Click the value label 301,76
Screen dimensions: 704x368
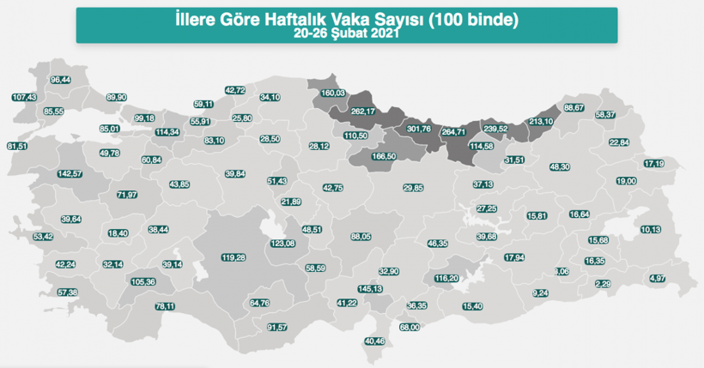click(x=418, y=129)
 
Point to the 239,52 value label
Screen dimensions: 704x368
click(x=497, y=129)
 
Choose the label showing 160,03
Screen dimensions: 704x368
click(x=332, y=93)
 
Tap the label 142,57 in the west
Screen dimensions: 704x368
click(x=70, y=174)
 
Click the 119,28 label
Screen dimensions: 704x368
click(x=234, y=257)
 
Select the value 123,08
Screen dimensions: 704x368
click(x=282, y=244)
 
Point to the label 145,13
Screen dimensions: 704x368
click(x=370, y=289)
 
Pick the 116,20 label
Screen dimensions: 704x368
click(x=447, y=279)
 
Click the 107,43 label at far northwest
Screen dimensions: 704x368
click(x=26, y=97)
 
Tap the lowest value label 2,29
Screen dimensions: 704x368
click(x=603, y=284)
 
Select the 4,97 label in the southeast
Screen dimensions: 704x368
click(x=658, y=278)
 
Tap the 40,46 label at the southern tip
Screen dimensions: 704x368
click(x=375, y=341)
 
